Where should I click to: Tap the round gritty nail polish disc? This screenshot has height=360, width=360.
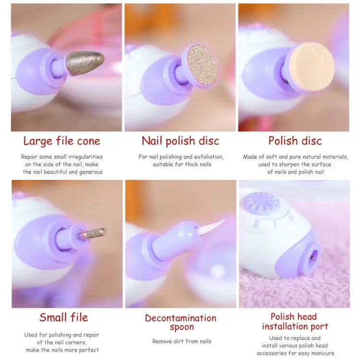[x=201, y=65]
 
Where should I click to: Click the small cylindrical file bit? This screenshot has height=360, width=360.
[x=93, y=233]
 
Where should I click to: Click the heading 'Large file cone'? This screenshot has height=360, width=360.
[x=62, y=141]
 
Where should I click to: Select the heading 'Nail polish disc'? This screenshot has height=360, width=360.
[x=180, y=141]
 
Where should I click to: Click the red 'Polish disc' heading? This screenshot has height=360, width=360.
[x=295, y=141]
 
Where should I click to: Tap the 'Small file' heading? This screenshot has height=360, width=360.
[x=64, y=317]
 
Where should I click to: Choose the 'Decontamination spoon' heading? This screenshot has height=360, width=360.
[x=180, y=322]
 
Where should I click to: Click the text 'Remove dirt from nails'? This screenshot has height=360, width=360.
[x=181, y=341]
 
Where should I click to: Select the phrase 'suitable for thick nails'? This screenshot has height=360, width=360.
[x=182, y=164]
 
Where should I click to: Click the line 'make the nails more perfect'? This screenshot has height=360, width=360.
[x=62, y=350]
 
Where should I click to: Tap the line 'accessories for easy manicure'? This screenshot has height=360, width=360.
[x=295, y=353]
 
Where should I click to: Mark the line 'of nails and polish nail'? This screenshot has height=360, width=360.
[x=295, y=172]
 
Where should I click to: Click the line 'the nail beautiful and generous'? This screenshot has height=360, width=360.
[x=62, y=172]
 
